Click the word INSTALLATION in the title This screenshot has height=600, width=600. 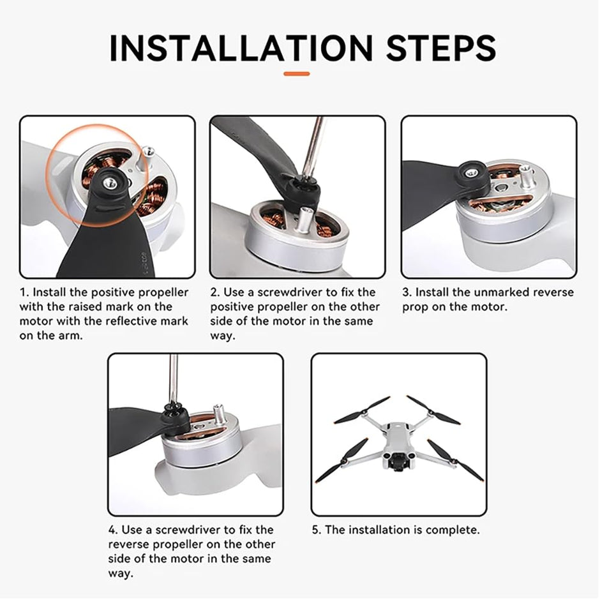241,48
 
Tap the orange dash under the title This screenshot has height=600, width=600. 296,74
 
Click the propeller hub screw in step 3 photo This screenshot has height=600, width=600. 473,172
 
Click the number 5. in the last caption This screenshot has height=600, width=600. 317,530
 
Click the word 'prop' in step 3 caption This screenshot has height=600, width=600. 415,307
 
